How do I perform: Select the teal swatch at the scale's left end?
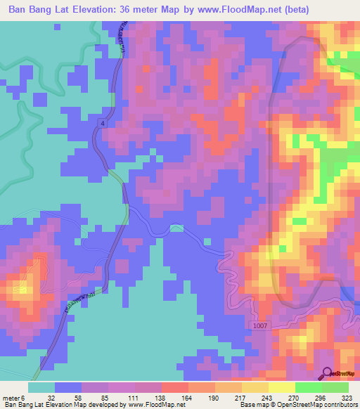tap(41, 387)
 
